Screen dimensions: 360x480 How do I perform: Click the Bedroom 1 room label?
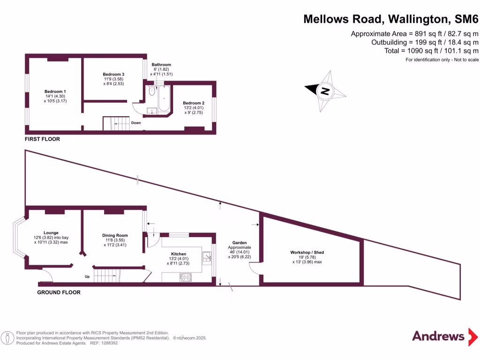tap(55, 91)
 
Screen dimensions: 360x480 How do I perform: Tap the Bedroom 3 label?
tap(113, 75)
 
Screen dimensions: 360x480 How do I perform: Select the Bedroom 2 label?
tap(194, 103)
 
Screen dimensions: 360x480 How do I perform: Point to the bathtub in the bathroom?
tap(164, 98)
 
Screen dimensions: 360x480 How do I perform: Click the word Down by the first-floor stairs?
tap(136, 123)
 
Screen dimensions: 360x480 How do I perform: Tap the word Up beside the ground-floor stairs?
tap(87, 277)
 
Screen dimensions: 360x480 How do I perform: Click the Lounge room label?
tap(51, 232)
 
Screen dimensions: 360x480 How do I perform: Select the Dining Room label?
tap(115, 235)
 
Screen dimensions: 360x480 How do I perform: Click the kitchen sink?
tap(207, 256)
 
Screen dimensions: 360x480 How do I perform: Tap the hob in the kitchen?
tap(186, 277)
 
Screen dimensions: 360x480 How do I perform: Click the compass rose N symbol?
tap(325, 91)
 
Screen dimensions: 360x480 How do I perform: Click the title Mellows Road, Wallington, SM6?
tap(391, 19)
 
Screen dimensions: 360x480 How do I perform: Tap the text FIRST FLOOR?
tap(43, 139)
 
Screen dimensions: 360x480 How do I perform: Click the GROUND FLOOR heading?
tap(59, 292)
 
